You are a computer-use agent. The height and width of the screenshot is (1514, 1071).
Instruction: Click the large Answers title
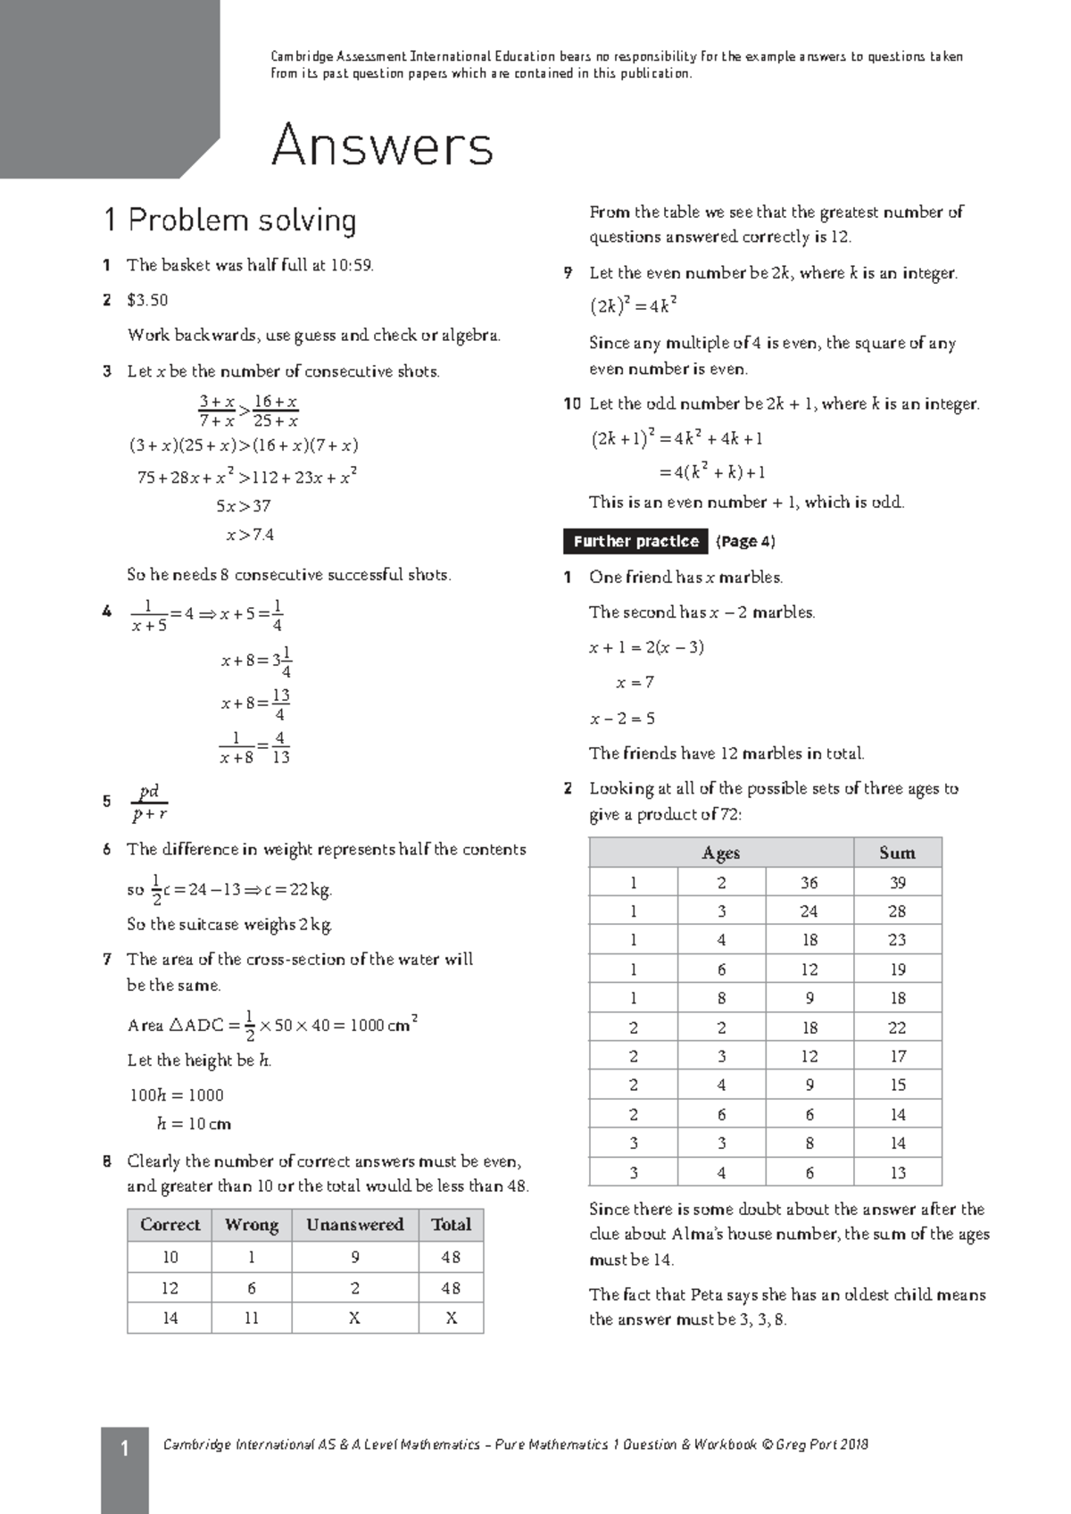pyautogui.click(x=382, y=146)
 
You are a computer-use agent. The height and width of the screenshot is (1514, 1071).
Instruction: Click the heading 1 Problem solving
pyautogui.click(x=229, y=220)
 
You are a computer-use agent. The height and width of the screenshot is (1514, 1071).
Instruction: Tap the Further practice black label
pyautogui.click(x=635, y=541)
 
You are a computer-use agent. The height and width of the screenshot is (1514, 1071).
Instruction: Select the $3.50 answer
pyautogui.click(x=147, y=300)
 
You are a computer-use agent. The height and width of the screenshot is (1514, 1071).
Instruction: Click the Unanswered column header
pyautogui.click(x=354, y=1225)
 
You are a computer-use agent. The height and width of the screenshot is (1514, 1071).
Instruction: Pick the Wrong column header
pyautogui.click(x=252, y=1225)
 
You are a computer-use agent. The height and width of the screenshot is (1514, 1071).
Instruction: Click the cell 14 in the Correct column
pyautogui.click(x=170, y=1318)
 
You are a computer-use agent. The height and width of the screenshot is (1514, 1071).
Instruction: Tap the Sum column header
pyautogui.click(x=897, y=853)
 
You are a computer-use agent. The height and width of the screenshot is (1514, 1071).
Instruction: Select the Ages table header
pyautogui.click(x=720, y=853)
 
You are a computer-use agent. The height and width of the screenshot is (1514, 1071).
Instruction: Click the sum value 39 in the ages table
pyautogui.click(x=897, y=882)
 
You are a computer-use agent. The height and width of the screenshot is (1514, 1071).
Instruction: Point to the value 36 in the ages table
pyautogui.click(x=809, y=882)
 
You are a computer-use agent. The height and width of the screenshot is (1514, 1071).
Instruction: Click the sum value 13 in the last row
pyautogui.click(x=897, y=1172)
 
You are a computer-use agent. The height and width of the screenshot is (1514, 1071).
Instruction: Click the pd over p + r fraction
pyautogui.click(x=149, y=802)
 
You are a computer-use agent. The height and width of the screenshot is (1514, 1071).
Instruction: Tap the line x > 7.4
pyautogui.click(x=249, y=535)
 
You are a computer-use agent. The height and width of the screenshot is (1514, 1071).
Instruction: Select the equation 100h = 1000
pyautogui.click(x=177, y=1094)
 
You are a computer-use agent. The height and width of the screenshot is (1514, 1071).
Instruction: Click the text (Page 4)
pyautogui.click(x=745, y=541)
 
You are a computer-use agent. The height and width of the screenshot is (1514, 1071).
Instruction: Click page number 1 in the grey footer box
pyautogui.click(x=124, y=1448)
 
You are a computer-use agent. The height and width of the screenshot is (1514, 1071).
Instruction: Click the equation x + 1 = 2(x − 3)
pyautogui.click(x=646, y=647)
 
